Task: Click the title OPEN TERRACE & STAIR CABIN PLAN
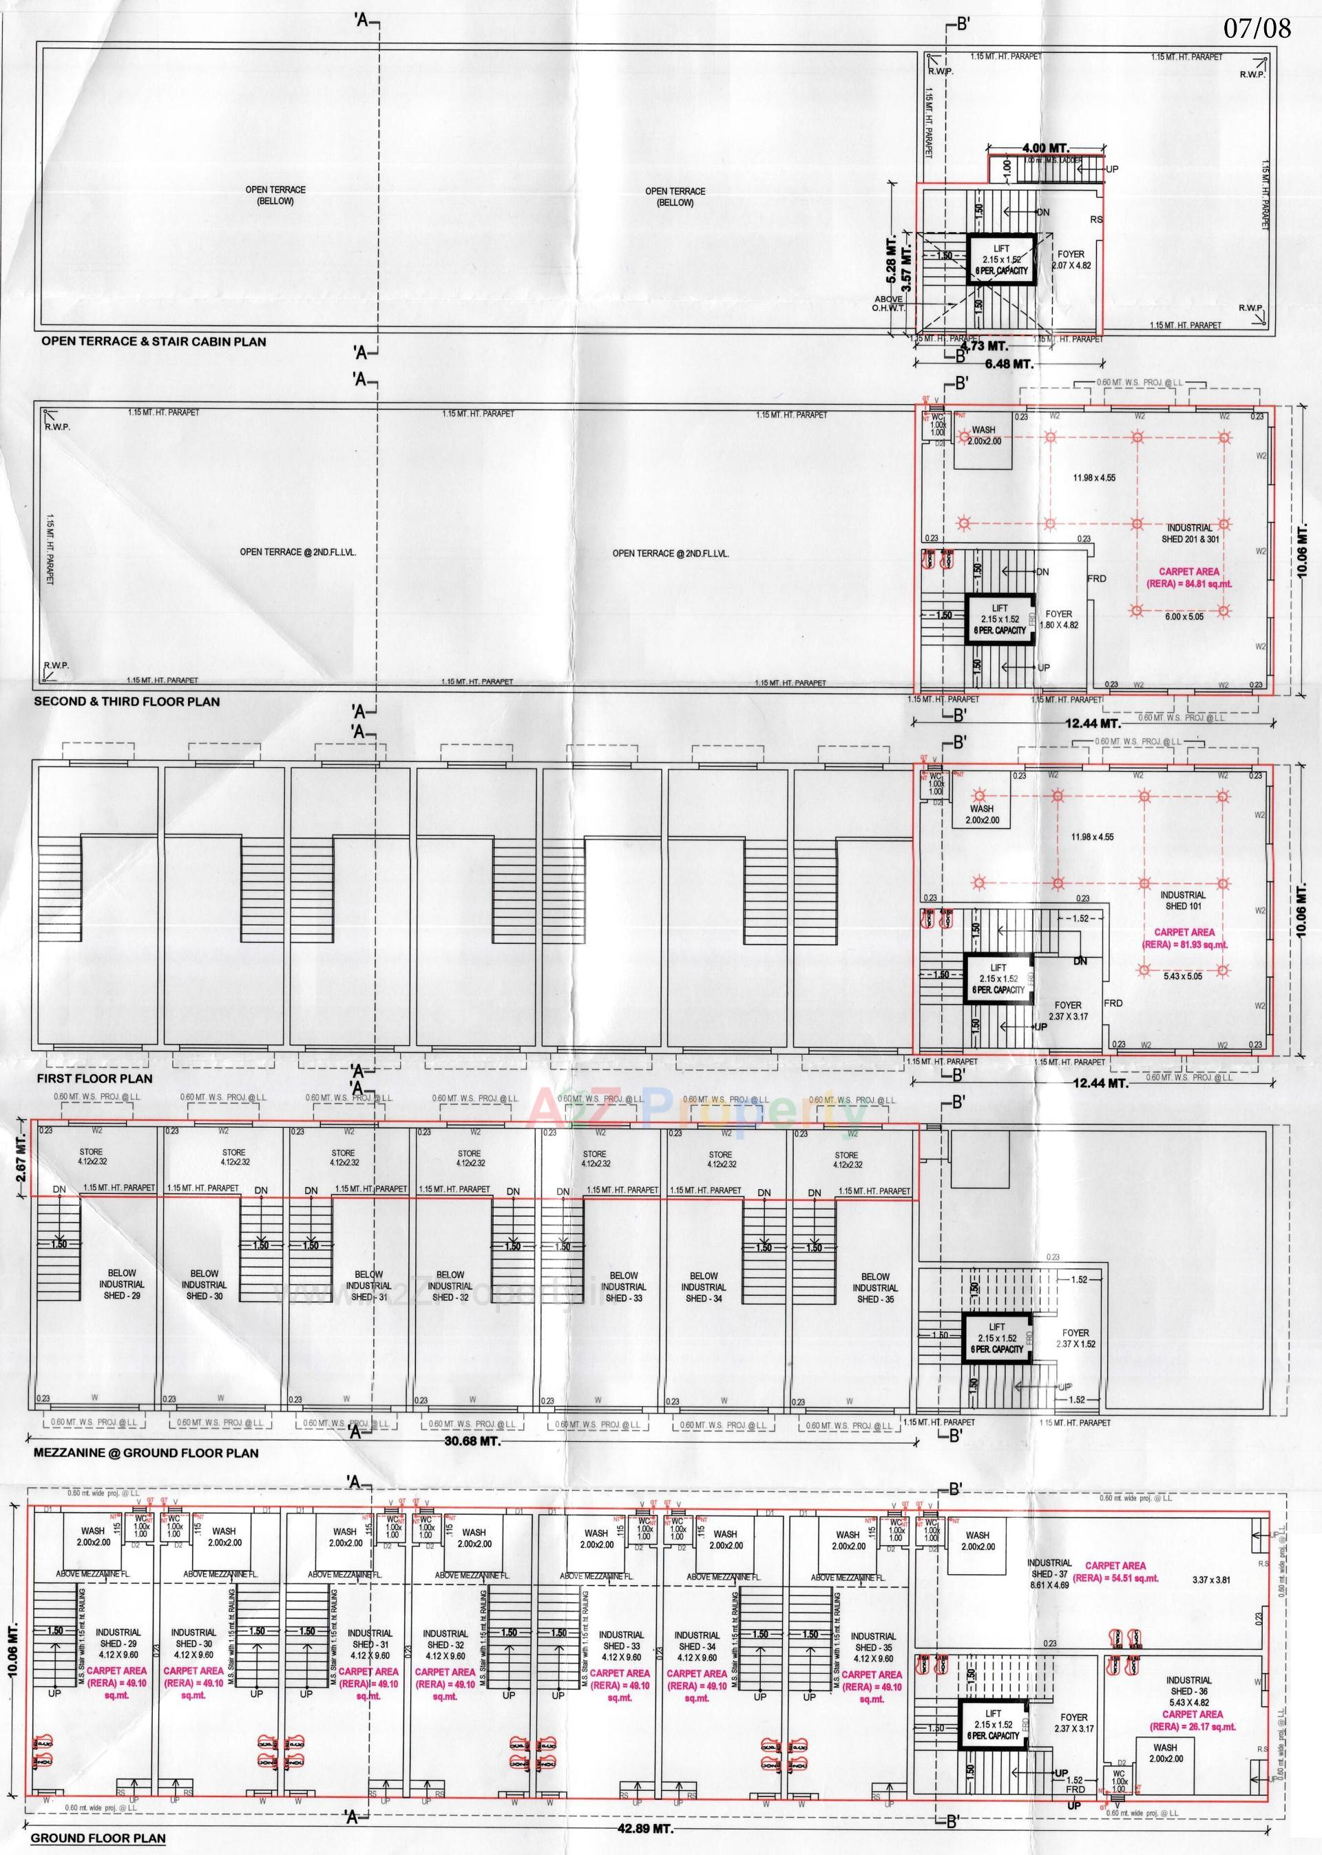(154, 342)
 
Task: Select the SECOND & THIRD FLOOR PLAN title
(126, 702)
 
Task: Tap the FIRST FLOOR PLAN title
(94, 1078)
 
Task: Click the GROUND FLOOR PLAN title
(98, 1838)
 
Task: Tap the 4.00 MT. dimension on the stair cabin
(1045, 148)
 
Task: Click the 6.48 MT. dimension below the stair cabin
(1009, 364)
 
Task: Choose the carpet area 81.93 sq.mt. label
(1185, 939)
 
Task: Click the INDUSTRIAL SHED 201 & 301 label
(1189, 533)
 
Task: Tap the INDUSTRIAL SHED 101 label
(1184, 899)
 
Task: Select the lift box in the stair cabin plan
(1000, 260)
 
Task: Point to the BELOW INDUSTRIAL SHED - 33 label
(624, 1286)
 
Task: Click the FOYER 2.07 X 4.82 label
(1071, 260)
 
